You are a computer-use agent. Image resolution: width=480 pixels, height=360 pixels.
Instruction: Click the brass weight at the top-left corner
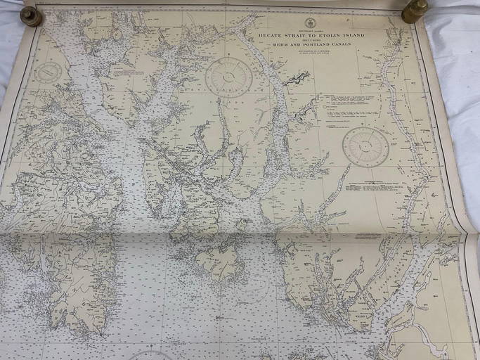click(31, 15)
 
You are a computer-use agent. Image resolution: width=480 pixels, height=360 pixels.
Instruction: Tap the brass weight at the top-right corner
click(414, 11)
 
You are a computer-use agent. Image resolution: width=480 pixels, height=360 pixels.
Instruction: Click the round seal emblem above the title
click(309, 23)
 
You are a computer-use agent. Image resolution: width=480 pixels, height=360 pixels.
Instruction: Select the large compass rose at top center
click(228, 77)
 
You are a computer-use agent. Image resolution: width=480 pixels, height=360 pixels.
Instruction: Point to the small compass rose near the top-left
click(48, 72)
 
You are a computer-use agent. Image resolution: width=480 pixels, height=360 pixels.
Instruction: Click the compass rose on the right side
click(365, 146)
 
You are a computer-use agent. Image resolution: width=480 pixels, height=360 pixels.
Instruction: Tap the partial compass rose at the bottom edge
click(150, 355)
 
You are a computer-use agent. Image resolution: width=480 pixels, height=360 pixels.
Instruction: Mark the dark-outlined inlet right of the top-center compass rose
click(296, 78)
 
